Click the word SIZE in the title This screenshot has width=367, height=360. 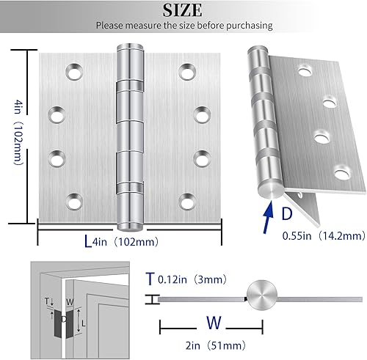tap(183, 10)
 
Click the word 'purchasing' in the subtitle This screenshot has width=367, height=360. tap(247, 25)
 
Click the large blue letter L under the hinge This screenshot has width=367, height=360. tap(87, 240)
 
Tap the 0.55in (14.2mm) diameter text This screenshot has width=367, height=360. tap(323, 236)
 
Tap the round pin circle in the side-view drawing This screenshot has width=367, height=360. tap(263, 298)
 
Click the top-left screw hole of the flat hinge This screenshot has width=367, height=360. tap(74, 72)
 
